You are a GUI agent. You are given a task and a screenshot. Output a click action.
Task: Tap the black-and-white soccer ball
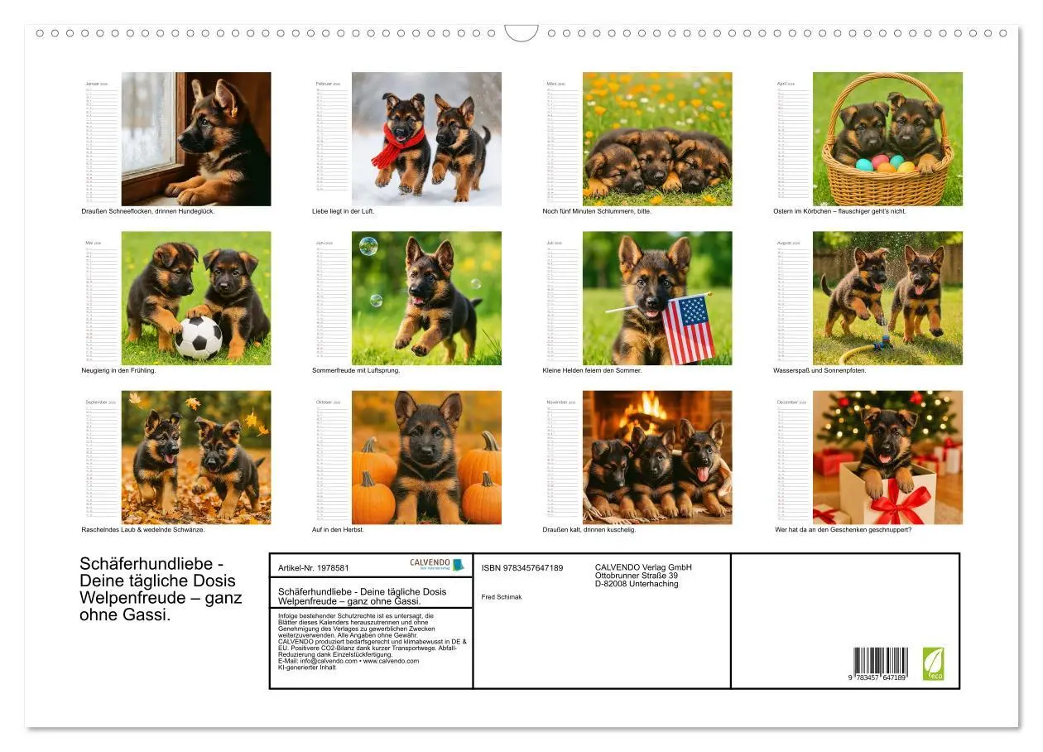198,337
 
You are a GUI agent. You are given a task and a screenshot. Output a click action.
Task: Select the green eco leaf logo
933,663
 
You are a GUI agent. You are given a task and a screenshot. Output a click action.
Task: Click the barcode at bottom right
881,663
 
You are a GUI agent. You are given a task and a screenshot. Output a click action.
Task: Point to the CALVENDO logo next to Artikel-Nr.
437,564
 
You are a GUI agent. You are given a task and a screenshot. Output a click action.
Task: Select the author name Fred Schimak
502,596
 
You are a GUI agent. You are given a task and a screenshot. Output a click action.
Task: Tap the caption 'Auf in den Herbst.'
338,529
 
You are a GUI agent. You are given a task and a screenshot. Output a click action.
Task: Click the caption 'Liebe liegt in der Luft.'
344,211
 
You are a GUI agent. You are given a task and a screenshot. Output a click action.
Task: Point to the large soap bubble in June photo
368,246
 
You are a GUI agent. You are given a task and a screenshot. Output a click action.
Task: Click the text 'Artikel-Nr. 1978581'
314,568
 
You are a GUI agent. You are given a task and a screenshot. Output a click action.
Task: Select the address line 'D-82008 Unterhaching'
636,584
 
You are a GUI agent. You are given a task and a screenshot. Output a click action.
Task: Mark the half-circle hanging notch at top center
521,34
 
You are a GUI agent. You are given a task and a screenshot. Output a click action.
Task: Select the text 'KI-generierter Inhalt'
307,667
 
